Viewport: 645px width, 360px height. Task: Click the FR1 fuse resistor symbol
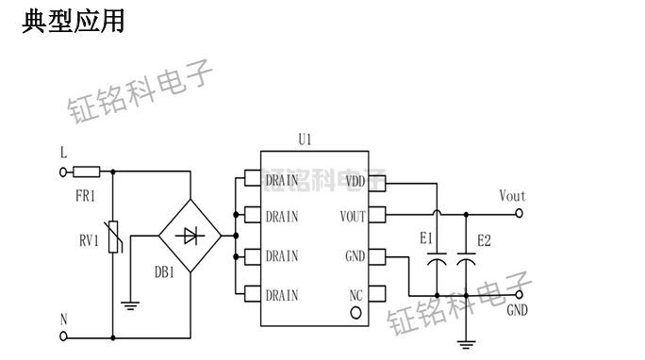tap(87, 172)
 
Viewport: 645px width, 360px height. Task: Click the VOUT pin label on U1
tap(351, 216)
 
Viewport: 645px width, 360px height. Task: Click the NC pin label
tap(356, 295)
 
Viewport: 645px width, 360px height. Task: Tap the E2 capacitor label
tap(484, 241)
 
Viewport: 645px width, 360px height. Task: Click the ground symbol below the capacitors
tap(465, 344)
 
